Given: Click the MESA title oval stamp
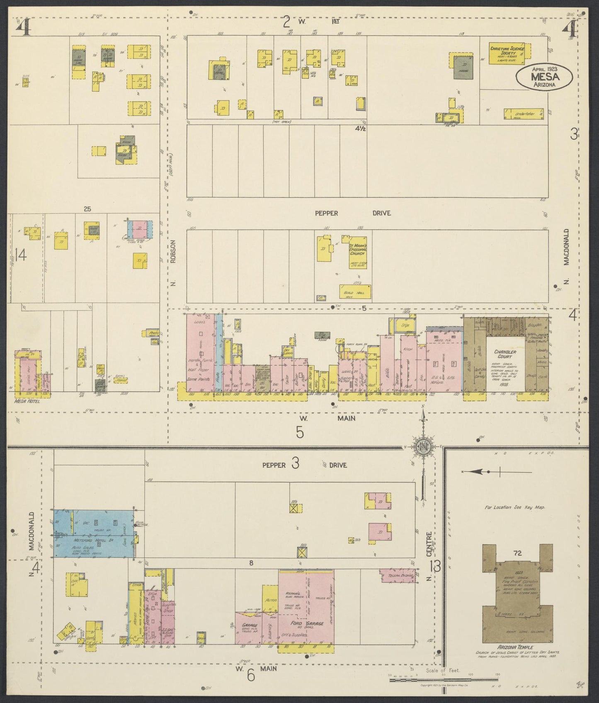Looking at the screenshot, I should coord(544,76).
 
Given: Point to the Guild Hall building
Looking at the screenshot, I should coord(354,293).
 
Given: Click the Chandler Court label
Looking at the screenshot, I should coord(505,354).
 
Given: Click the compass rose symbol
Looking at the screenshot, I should coord(422,447).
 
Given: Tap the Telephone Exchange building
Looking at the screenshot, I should coord(397,576).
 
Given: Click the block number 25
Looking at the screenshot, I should coord(87,209).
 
